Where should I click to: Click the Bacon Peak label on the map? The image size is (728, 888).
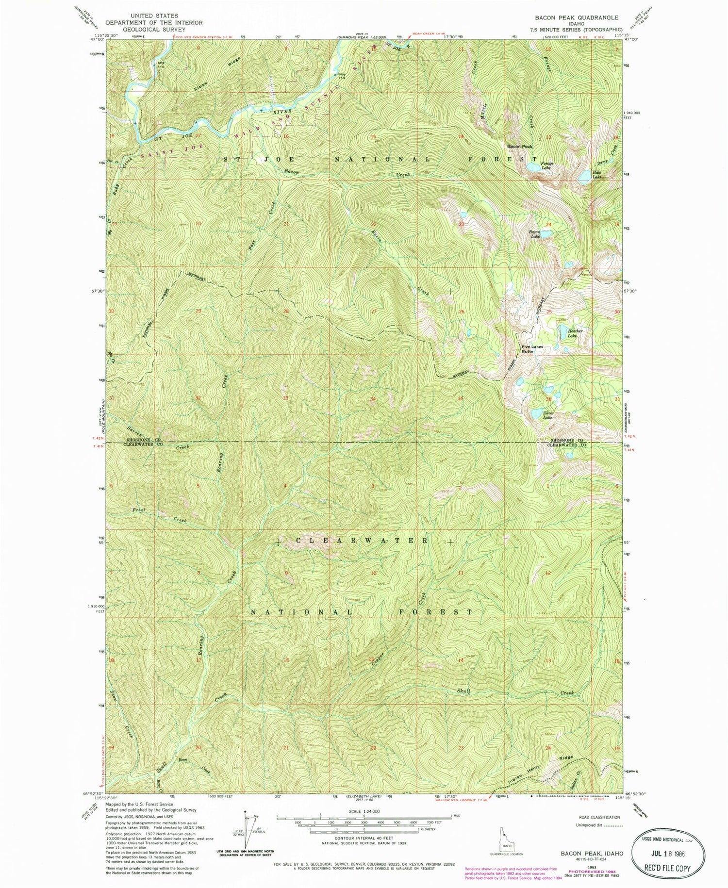click(520, 147)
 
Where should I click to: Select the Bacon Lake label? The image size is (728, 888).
click(534, 234)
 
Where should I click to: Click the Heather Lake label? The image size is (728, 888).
click(575, 333)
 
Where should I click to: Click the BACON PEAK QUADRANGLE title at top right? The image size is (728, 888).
click(577, 17)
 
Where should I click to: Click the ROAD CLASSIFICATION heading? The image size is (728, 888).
click(596, 818)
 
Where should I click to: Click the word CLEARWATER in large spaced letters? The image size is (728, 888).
click(362, 541)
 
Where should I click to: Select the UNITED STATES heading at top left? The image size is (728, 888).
click(154, 16)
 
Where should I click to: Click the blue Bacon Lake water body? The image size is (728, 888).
click(546, 233)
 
